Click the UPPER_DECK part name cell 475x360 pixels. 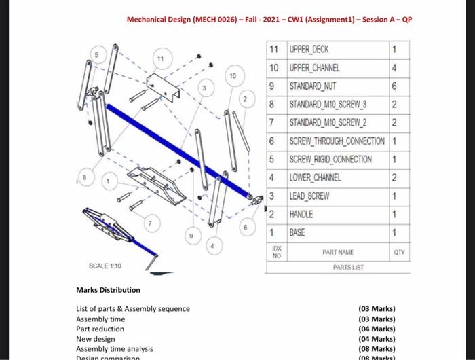click(x=313, y=50)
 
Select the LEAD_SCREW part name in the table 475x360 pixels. click(x=310, y=196)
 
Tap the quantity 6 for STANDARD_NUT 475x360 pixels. click(x=394, y=86)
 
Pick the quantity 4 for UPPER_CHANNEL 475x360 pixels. click(x=394, y=68)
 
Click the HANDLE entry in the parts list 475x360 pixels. click(x=301, y=214)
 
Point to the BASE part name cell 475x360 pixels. click(x=297, y=232)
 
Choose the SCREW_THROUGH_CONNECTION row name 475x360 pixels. click(x=337, y=141)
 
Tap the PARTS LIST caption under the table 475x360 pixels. click(x=348, y=267)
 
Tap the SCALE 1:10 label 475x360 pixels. click(x=105, y=265)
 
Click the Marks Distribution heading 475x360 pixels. click(x=108, y=290)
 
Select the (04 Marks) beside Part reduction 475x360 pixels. click(x=377, y=329)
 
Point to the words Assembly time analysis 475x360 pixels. click(x=114, y=348)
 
